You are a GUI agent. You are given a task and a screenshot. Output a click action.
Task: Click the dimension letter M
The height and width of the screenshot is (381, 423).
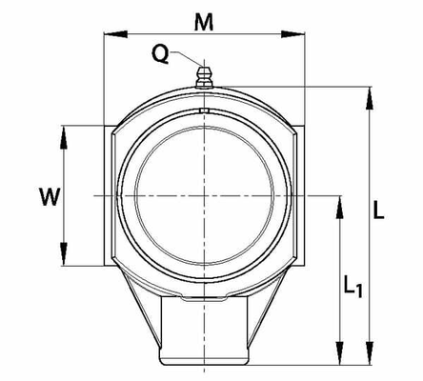(204, 22)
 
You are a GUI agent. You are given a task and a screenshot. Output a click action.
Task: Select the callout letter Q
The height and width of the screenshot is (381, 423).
(161, 54)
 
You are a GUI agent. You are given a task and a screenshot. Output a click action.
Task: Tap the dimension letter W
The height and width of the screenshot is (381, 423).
(50, 196)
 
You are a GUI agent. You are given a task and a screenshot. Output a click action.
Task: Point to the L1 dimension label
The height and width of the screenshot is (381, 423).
(352, 287)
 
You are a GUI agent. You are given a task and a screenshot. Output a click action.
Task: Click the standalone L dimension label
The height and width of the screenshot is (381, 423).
(378, 210)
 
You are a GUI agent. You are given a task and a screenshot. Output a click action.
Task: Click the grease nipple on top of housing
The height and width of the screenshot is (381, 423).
(204, 77)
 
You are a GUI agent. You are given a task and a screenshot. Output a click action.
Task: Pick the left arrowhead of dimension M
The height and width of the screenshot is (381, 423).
(115, 34)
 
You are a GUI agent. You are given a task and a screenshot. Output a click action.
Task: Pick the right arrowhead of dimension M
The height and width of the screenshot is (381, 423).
(293, 34)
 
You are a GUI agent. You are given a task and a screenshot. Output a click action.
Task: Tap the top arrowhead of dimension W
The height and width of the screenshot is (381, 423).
(64, 137)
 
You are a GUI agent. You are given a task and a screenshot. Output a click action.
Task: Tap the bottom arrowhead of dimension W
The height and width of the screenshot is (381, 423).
(64, 254)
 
